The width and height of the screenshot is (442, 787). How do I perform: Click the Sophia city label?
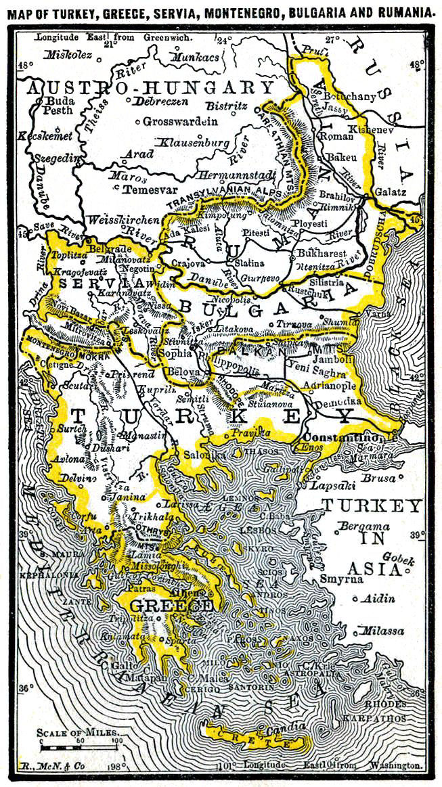pos(173,353)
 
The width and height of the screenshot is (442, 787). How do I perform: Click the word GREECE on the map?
pos(170,604)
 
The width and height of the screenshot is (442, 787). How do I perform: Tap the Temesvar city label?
pos(151,190)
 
